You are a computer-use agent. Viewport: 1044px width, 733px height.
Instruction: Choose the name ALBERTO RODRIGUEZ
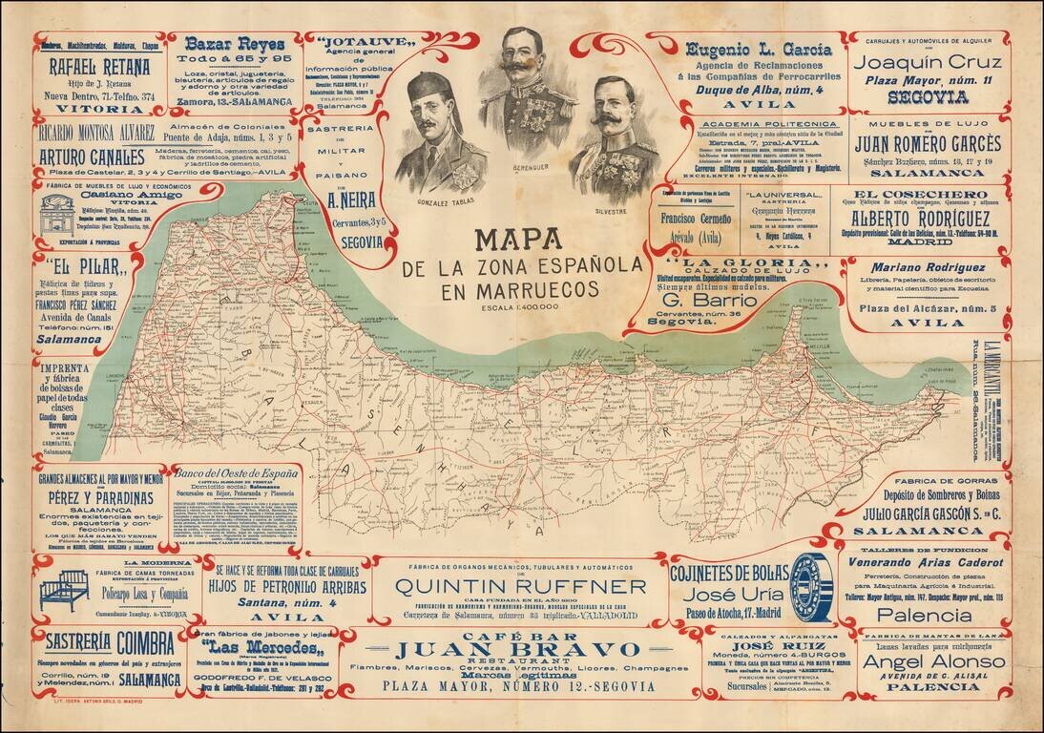point(920,217)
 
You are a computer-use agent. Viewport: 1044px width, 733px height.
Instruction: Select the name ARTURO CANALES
point(92,156)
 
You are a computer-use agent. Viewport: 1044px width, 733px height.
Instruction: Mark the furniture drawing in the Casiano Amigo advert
point(58,217)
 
